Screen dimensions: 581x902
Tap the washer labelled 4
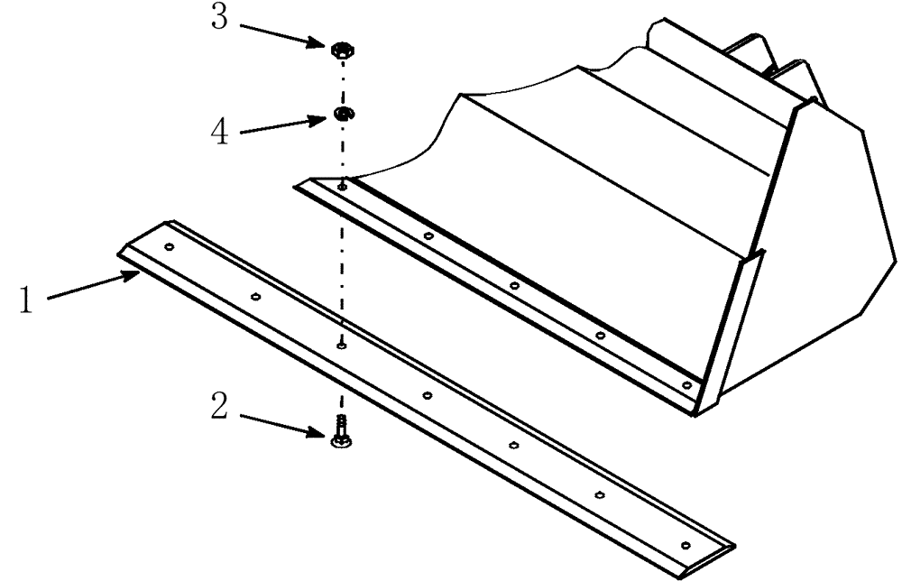click(343, 114)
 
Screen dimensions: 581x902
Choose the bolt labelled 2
click(341, 430)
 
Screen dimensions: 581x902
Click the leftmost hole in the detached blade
click(169, 245)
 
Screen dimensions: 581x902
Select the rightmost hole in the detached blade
click(686, 545)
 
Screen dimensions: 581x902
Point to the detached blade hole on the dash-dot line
click(341, 345)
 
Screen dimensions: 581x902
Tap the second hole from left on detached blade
click(255, 296)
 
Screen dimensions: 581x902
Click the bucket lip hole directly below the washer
click(343, 187)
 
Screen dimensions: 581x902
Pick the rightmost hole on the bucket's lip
click(686, 385)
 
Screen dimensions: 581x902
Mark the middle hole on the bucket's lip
click(514, 286)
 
